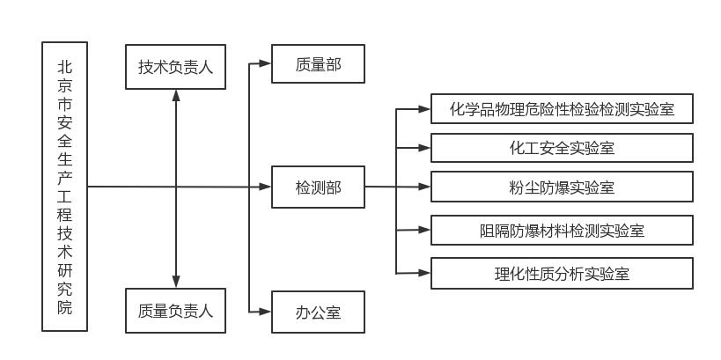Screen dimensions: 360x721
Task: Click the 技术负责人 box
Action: tap(175, 67)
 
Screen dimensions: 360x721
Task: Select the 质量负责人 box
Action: tap(175, 311)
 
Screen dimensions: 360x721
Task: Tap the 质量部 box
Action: tap(318, 63)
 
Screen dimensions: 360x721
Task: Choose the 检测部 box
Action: tap(318, 187)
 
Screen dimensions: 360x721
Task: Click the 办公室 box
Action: tap(318, 312)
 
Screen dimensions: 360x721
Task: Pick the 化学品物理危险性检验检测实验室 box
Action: tap(562, 109)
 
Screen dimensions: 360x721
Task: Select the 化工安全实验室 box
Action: tap(562, 148)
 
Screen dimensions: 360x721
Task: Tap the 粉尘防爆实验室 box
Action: tap(562, 187)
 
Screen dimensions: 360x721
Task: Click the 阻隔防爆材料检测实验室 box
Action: tap(562, 231)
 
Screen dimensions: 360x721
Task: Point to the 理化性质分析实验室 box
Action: tap(562, 273)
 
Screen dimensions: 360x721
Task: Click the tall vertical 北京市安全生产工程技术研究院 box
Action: tap(65, 186)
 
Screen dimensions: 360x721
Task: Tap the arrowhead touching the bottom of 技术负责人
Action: tap(176, 94)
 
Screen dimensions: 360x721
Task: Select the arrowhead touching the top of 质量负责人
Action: tap(176, 282)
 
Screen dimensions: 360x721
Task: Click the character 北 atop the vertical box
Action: tap(65, 66)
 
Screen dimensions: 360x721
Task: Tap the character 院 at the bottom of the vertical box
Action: tap(65, 307)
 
